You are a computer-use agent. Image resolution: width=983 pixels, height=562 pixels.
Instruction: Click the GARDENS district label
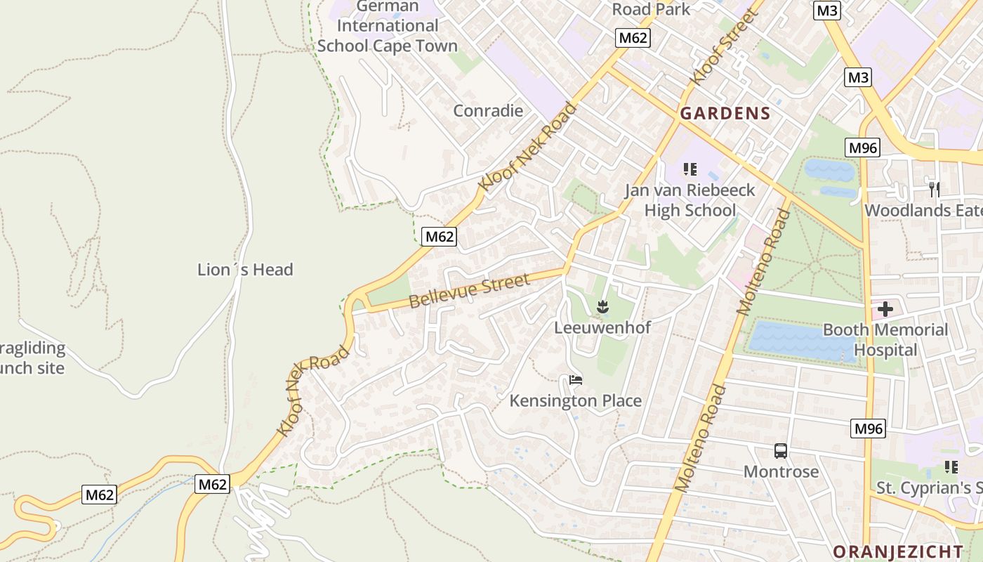pyautogui.click(x=725, y=113)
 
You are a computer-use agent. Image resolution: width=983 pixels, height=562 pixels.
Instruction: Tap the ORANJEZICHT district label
pyautogui.click(x=897, y=551)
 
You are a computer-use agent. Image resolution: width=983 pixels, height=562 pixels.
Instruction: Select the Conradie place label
pyautogui.click(x=488, y=110)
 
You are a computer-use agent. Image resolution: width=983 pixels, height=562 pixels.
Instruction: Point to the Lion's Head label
pyautogui.click(x=245, y=270)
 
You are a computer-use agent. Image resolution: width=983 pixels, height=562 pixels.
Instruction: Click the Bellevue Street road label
pyautogui.click(x=468, y=291)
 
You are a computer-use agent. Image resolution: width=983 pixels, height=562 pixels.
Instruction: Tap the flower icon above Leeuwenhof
pyautogui.click(x=602, y=306)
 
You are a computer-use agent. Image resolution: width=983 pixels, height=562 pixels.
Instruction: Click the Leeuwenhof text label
pyautogui.click(x=602, y=327)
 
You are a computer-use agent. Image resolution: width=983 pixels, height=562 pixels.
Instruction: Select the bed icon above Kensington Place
pyautogui.click(x=576, y=380)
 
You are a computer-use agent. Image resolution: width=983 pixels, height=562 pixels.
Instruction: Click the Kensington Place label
pyautogui.click(x=575, y=400)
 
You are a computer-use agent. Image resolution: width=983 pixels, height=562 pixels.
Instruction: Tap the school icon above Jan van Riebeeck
pyautogui.click(x=690, y=169)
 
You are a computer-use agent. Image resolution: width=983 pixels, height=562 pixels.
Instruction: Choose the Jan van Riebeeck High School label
pyautogui.click(x=690, y=200)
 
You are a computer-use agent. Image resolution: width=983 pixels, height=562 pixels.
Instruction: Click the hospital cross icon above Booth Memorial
pyautogui.click(x=885, y=308)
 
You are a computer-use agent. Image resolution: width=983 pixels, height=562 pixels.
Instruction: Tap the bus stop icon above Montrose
pyautogui.click(x=781, y=451)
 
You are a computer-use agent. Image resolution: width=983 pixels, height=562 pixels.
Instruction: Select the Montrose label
pyautogui.click(x=781, y=471)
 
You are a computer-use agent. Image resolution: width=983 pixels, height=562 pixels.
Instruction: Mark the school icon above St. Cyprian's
pyautogui.click(x=951, y=467)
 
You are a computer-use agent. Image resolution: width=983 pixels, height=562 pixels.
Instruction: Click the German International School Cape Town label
pyautogui.click(x=387, y=26)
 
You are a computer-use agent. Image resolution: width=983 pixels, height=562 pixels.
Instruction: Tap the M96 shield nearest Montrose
pyautogui.click(x=868, y=429)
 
